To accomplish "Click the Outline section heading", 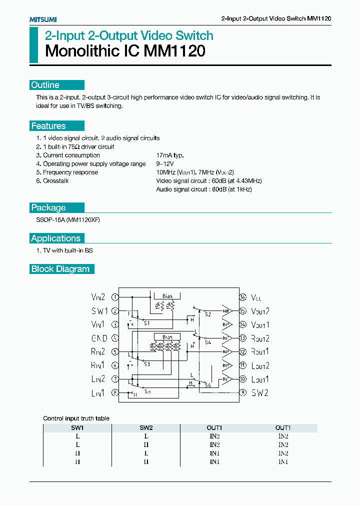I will pyautogui.click(x=45, y=85).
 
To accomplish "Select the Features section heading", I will pyautogui.click(x=48, y=126).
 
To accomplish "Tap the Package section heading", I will pyautogui.click(x=48, y=207).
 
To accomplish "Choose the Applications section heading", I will pyautogui.click(x=55, y=238).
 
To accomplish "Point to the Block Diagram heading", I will pyautogui.click(x=60, y=269).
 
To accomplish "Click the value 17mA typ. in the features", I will pyautogui.click(x=170, y=155).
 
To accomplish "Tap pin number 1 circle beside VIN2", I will pyautogui.click(x=115, y=297).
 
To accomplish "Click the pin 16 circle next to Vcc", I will pyautogui.click(x=243, y=297).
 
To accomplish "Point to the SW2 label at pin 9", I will pyautogui.click(x=259, y=393).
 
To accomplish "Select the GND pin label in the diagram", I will pyautogui.click(x=99, y=338).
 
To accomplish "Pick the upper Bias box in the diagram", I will pyautogui.click(x=167, y=296).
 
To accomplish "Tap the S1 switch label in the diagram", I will pyautogui.click(x=146, y=323).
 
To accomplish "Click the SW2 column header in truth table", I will pyautogui.click(x=145, y=428).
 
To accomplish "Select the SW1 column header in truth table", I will pyautogui.click(x=77, y=428).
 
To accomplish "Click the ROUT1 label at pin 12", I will pyautogui.click(x=260, y=351).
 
